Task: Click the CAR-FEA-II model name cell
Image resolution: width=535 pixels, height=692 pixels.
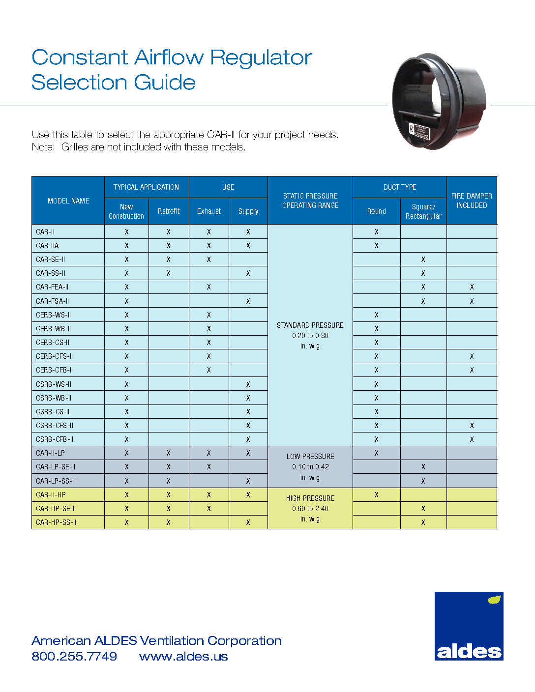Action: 52,287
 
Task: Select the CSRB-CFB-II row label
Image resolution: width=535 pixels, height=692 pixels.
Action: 55,439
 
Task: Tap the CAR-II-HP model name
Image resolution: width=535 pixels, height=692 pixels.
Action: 51,495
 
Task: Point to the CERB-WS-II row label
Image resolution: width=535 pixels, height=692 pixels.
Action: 54,315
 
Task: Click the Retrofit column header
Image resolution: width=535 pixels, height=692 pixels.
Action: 169,211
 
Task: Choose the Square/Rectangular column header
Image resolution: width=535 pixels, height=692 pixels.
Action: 423,211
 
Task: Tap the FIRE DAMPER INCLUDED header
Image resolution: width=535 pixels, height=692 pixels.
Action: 472,201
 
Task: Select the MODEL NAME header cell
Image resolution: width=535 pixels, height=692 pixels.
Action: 68,201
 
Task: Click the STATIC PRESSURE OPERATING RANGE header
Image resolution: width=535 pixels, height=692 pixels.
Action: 310,201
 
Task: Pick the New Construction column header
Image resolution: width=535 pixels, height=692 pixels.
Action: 126,211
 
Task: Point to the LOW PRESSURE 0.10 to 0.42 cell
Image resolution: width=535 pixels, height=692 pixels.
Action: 310,467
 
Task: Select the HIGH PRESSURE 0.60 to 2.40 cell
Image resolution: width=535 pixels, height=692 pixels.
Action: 310,509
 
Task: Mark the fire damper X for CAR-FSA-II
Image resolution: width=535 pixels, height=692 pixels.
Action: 472,301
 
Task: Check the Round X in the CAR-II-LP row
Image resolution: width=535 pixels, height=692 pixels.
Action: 377,453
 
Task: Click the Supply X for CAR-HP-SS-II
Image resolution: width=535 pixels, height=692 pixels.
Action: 248,522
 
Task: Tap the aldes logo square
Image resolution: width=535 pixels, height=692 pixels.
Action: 469,626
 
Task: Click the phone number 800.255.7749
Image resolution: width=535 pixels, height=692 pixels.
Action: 74,657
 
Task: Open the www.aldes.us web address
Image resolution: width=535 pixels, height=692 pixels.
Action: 183,657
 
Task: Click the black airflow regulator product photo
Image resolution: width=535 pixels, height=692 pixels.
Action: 439,102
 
